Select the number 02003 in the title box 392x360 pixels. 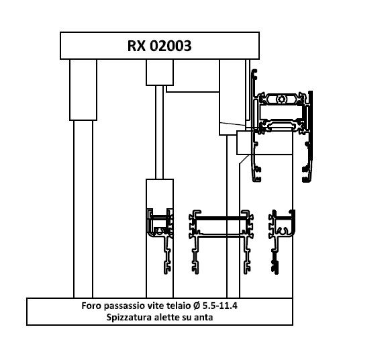(x=170, y=46)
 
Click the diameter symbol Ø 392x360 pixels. (x=197, y=306)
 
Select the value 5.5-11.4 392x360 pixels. (x=220, y=306)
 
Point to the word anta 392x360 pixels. (x=203, y=318)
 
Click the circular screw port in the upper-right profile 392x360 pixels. (x=281, y=99)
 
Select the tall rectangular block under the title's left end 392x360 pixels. (x=83, y=90)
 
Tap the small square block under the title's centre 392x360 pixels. (x=160, y=73)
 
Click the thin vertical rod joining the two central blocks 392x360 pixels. (x=160, y=132)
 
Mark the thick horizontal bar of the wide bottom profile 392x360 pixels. (x=221, y=218)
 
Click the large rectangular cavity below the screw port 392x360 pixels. (x=281, y=111)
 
